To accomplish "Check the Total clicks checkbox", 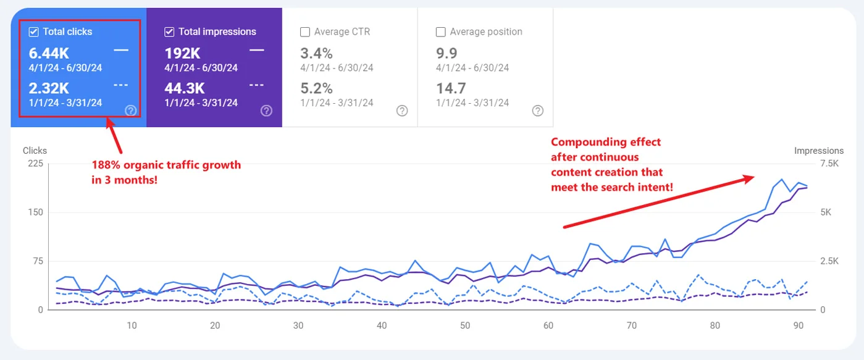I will tap(34, 32).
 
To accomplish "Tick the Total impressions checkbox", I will tap(169, 32).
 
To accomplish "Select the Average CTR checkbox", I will tap(305, 32).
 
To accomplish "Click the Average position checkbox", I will tap(441, 32).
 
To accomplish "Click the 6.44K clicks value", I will tap(49, 53).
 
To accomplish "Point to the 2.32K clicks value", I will tap(49, 88).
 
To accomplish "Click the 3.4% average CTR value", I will tap(316, 53).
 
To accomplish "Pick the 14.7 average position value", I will tap(451, 88).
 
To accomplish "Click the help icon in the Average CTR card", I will tap(402, 111).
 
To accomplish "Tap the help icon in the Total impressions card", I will tap(266, 111).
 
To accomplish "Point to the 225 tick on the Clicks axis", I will tap(35, 164).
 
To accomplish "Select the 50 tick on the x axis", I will tap(465, 325).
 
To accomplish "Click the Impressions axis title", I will tap(818, 151).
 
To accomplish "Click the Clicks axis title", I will tap(35, 151).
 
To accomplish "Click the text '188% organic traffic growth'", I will tap(166, 165).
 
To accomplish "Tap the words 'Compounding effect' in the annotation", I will tap(606, 142).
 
